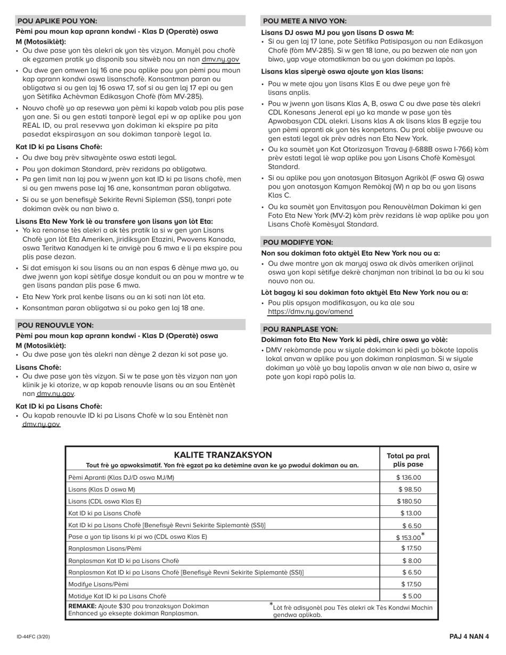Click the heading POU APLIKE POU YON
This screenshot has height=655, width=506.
coord(58,21)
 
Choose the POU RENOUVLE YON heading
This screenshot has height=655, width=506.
coord(55,325)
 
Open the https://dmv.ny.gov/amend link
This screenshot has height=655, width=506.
coord(309,312)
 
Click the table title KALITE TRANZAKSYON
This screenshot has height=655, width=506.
coord(223,455)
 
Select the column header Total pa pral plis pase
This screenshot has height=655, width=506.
coord(408,460)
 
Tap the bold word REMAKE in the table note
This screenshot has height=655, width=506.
coord(82,606)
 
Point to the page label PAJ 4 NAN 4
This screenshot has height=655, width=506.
coord(469,636)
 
